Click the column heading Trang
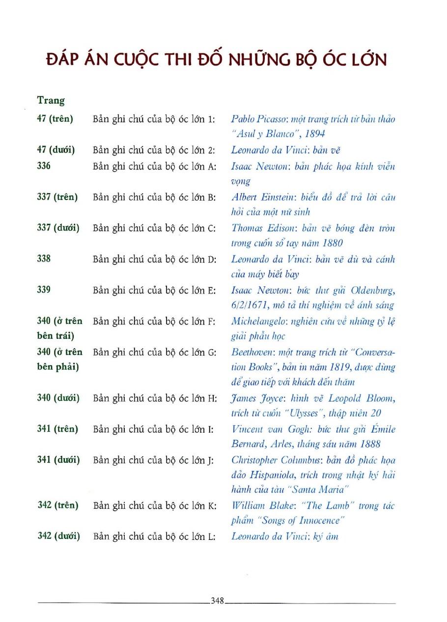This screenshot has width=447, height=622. click(x=51, y=100)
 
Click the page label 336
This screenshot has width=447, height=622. click(x=44, y=166)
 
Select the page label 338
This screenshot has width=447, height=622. click(x=44, y=258)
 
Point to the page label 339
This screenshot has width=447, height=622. click(x=44, y=290)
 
